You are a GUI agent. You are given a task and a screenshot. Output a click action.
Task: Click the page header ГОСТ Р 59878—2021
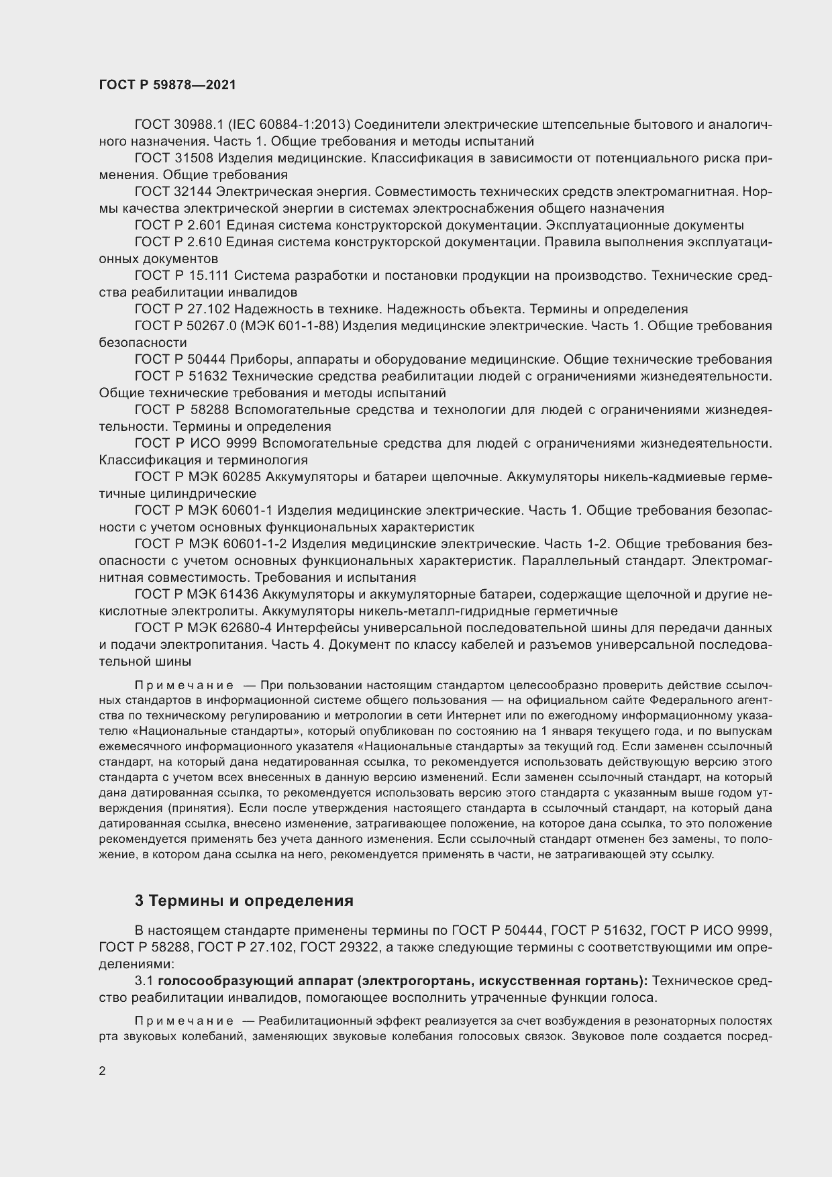point(167,85)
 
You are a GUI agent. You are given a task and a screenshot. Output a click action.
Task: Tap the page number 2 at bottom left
point(102,1072)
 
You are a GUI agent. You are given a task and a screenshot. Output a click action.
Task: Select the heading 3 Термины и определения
point(244,901)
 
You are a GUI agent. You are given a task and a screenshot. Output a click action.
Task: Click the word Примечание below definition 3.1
point(184,1021)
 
